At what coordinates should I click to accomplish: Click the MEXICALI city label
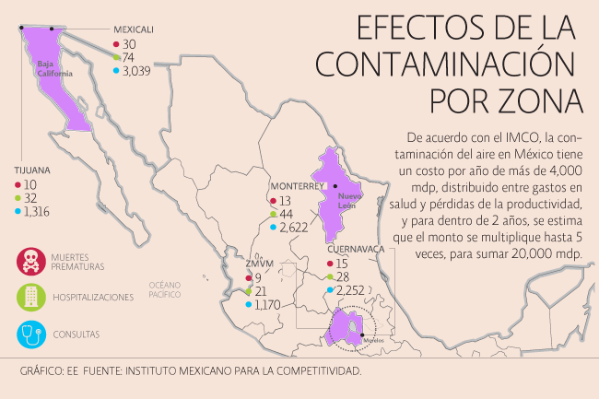(x=133, y=29)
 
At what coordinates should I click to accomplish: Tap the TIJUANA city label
(x=31, y=170)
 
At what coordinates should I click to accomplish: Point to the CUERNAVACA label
(x=355, y=249)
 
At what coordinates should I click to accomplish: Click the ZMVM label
(x=258, y=263)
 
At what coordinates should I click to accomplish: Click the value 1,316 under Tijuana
(x=41, y=211)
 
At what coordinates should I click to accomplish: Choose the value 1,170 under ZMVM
(x=267, y=304)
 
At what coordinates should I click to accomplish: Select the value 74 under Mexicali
(x=129, y=57)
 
